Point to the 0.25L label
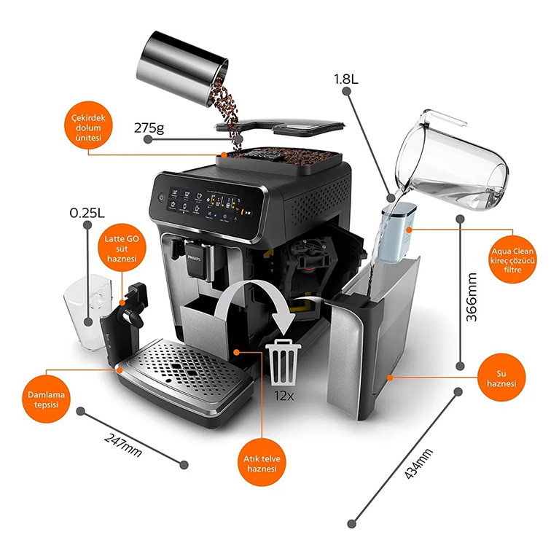86,214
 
